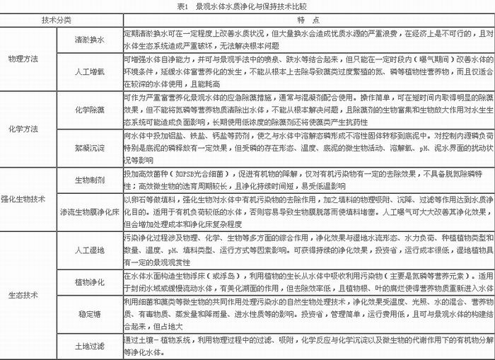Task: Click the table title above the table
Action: (247, 6)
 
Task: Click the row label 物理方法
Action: (21, 57)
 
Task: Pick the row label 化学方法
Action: (21, 129)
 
